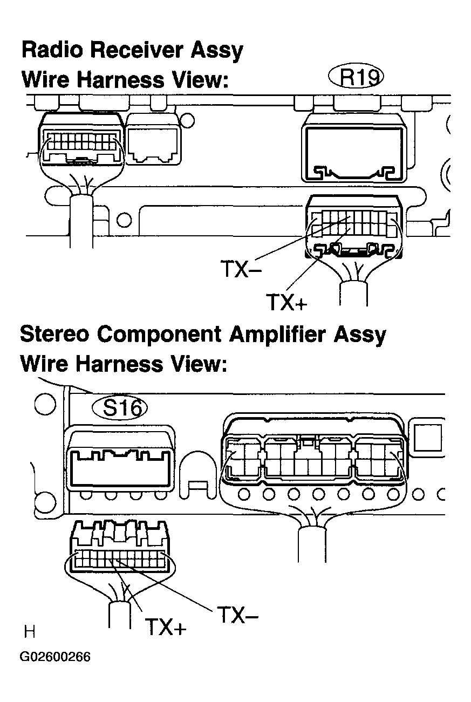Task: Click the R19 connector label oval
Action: [x=356, y=77]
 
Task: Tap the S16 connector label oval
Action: [x=120, y=408]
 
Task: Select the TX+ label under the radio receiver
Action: [x=286, y=302]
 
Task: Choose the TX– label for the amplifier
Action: [x=237, y=615]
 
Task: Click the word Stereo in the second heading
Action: [x=54, y=335]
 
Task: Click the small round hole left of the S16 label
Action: [x=45, y=404]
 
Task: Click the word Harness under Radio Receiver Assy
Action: [x=121, y=80]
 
